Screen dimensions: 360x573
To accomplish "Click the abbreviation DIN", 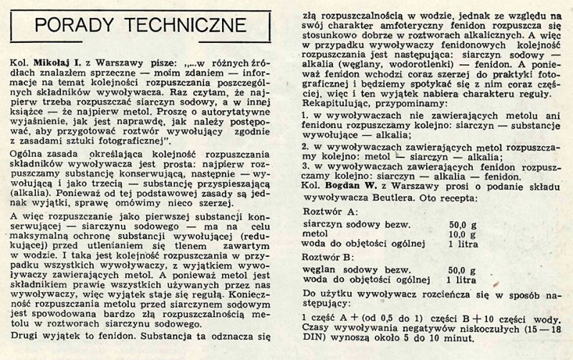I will [315, 346].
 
